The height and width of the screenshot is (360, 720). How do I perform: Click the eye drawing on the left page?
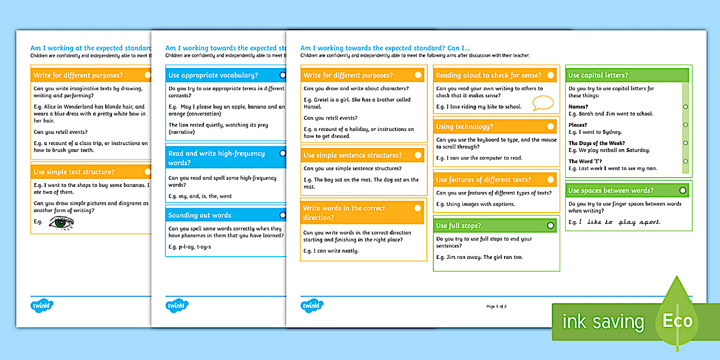point(61,223)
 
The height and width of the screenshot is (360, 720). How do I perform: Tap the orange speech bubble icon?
point(543,103)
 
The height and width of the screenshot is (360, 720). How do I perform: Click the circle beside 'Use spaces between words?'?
point(682,190)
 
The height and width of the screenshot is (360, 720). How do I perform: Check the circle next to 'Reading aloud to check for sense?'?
point(550,75)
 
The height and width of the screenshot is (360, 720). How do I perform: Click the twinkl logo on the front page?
point(312,306)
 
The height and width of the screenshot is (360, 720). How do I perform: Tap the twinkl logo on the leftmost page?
point(42,306)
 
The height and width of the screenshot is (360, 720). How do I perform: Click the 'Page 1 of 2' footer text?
point(496,306)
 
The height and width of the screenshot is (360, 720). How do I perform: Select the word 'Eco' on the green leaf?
point(677,321)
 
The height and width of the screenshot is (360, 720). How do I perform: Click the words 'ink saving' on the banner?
point(603,322)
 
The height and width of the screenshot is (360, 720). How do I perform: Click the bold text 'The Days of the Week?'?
point(597,143)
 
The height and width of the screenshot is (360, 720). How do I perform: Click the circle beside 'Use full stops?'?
point(550,226)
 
